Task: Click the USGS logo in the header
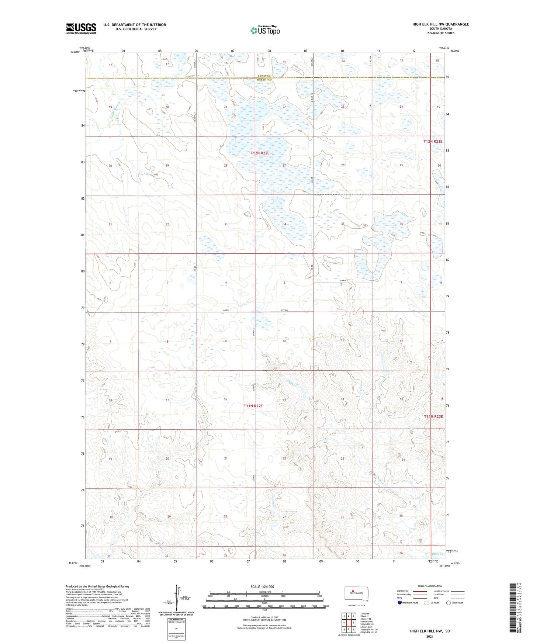point(81,28)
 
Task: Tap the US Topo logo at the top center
point(264,30)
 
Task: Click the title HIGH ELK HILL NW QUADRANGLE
point(440,24)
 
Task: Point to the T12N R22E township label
point(260,153)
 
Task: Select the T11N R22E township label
point(253,406)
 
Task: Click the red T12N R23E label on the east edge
point(433,141)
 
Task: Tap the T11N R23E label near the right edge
point(433,416)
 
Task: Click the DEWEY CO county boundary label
point(264,76)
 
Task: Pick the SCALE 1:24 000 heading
point(262,586)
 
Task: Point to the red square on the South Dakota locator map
point(353,591)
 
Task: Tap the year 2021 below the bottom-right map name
point(430,637)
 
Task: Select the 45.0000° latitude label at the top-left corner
point(75,52)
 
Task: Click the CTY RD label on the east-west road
point(284,311)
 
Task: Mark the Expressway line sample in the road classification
point(420,591)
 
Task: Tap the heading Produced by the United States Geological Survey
point(97,586)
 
